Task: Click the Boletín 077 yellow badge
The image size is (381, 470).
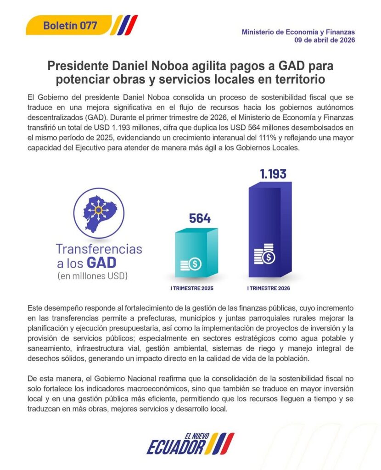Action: point(69,25)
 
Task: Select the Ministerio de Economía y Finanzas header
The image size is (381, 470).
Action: point(298,32)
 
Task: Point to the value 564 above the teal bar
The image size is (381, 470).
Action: point(200,219)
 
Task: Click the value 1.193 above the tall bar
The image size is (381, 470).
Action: point(273,174)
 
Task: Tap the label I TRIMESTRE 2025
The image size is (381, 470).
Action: point(192,289)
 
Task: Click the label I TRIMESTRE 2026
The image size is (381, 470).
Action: point(269,289)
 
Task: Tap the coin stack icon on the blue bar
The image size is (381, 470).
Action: point(264,255)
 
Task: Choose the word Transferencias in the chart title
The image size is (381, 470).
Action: point(99,249)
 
